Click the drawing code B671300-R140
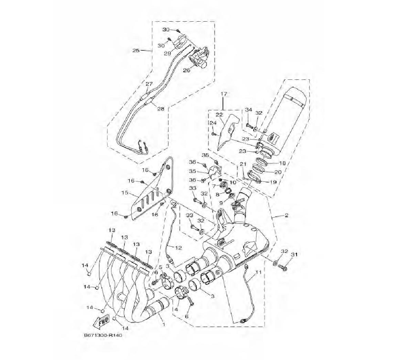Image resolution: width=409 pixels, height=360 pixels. (103, 335)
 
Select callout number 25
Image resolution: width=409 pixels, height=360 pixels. (136, 50)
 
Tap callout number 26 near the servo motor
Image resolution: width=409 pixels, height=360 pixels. (187, 70)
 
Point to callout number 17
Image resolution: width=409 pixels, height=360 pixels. (224, 94)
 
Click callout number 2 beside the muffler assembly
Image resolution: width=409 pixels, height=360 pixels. (286, 215)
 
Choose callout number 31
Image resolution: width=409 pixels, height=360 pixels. (294, 254)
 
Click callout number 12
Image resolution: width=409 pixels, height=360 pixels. (178, 248)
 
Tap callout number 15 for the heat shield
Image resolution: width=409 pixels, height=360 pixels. (125, 193)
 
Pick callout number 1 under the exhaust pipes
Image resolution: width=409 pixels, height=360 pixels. (164, 324)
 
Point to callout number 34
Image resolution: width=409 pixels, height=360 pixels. (248, 110)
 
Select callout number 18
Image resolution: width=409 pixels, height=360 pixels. (282, 163)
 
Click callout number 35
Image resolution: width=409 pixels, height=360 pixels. (192, 171)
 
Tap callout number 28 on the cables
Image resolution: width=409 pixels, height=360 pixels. (161, 109)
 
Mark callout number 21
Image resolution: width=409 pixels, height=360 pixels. (243, 164)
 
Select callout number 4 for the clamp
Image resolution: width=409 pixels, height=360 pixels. (176, 309)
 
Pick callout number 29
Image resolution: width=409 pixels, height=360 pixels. (167, 53)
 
